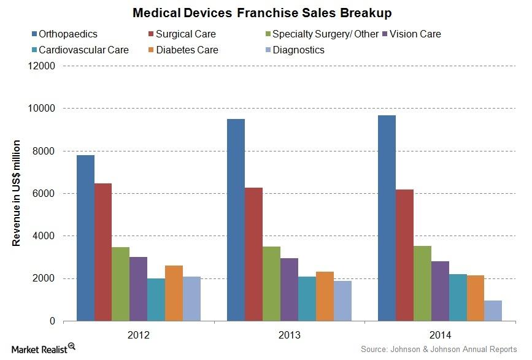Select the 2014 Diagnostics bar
click(493, 311)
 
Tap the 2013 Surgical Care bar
click(253, 254)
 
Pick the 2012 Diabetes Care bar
click(174, 293)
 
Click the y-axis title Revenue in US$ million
click(17, 194)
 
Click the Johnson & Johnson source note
click(439, 349)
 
